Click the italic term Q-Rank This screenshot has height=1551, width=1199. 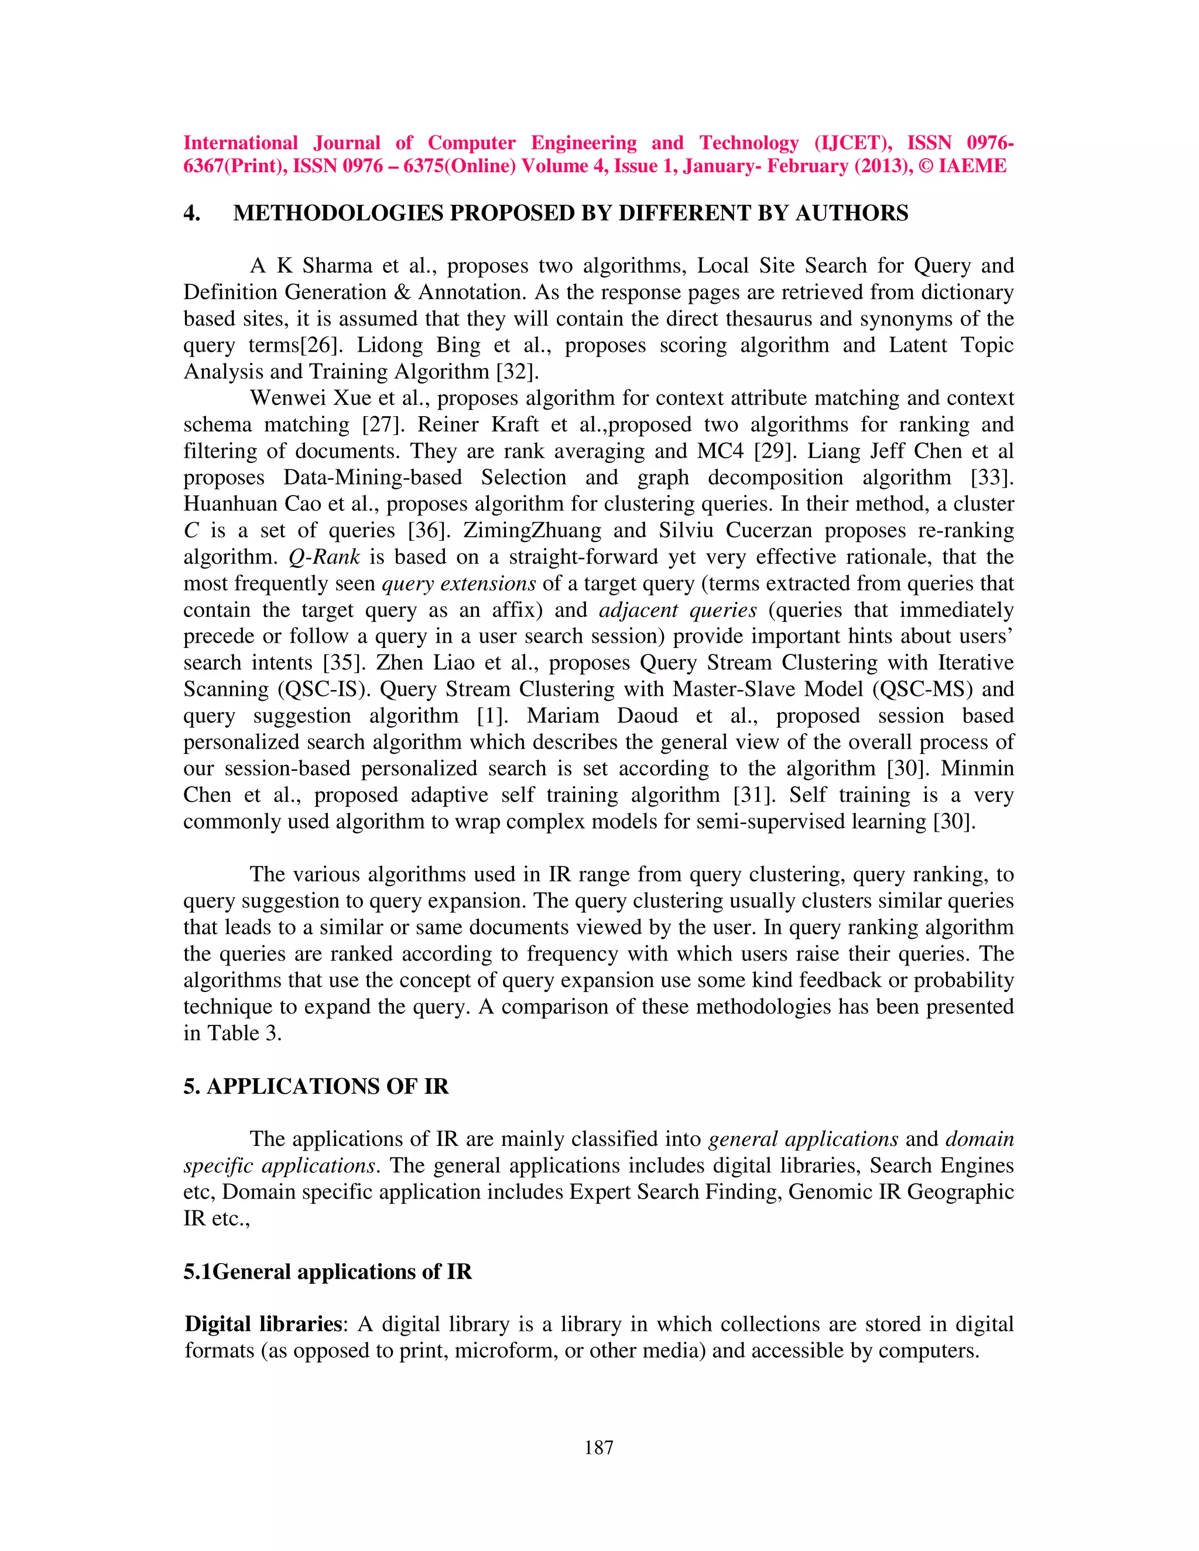[324, 557]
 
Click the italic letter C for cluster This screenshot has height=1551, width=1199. [191, 530]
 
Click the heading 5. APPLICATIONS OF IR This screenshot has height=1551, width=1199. [316, 1086]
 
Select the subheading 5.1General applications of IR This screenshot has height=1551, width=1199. [327, 1271]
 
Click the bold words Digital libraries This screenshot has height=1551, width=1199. [263, 1324]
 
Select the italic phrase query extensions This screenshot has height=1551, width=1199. [459, 584]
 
